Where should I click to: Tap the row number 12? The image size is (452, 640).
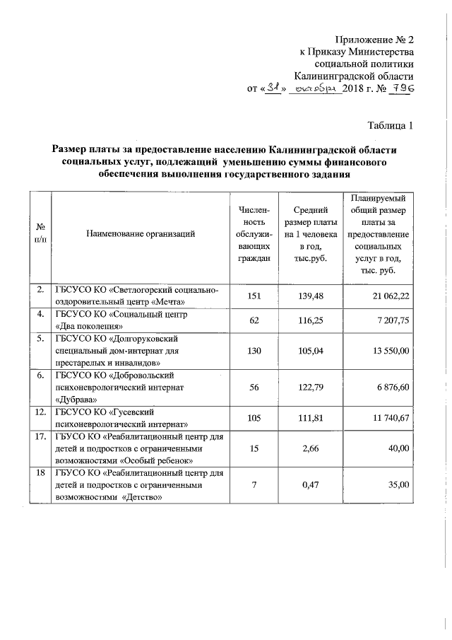pos(41,412)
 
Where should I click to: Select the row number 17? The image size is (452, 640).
pos(41,436)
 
